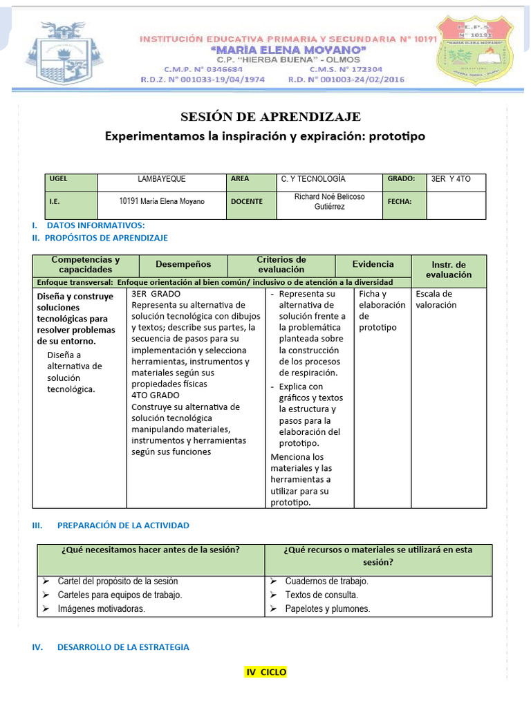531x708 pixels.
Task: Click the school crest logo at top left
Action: (64, 53)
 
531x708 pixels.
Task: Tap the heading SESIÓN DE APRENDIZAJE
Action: (271, 116)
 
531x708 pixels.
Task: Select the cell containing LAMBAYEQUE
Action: (162, 179)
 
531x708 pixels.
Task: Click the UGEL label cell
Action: (71, 179)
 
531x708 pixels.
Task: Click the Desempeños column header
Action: (183, 264)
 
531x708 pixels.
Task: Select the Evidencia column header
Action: (373, 264)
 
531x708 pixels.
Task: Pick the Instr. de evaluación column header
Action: (449, 270)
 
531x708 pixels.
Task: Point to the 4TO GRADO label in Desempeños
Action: (156, 395)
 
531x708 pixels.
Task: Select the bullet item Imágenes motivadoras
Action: (101, 609)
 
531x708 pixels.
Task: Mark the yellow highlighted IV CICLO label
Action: (265, 672)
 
